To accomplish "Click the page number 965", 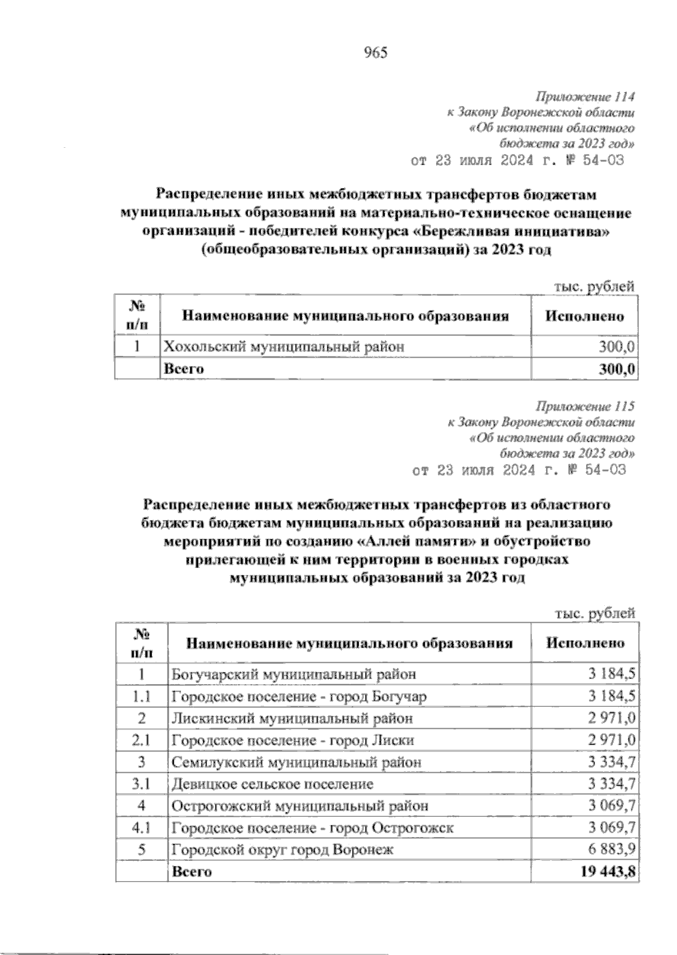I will point(376,53).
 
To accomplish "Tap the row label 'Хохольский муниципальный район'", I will point(284,346).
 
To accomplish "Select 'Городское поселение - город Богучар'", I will point(299,696).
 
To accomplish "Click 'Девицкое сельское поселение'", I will point(272,784).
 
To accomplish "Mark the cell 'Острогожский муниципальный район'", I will point(300,806).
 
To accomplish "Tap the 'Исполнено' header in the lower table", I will point(585,643).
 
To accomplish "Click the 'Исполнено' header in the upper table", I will point(584,316).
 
